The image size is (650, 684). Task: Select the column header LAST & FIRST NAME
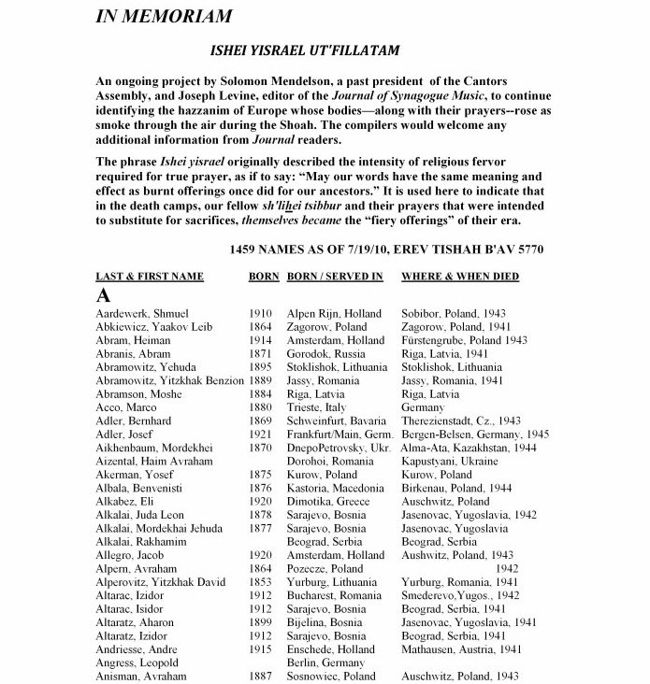[x=150, y=277]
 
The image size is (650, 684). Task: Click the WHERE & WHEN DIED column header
[x=459, y=277]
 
